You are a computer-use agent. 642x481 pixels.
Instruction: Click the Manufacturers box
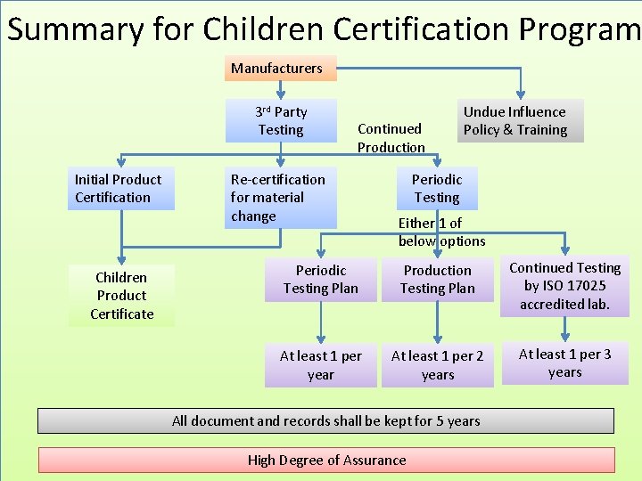click(x=276, y=68)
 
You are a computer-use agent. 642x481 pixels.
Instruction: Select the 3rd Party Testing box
click(x=281, y=120)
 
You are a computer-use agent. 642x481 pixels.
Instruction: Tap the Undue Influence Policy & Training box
click(x=515, y=120)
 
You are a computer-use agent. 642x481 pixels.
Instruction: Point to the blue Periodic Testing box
click(x=437, y=188)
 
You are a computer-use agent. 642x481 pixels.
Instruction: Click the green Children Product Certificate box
click(x=121, y=295)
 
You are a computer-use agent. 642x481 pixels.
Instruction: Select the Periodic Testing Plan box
click(x=320, y=279)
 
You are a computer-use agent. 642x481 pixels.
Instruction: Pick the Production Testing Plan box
click(x=437, y=279)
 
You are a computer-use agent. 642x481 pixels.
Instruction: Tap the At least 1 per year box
click(x=320, y=365)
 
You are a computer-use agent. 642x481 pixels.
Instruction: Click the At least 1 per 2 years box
click(x=437, y=365)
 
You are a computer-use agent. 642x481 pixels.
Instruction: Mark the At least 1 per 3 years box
click(x=564, y=363)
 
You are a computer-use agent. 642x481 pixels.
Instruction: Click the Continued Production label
click(x=391, y=138)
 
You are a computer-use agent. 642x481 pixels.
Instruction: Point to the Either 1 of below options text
click(x=442, y=232)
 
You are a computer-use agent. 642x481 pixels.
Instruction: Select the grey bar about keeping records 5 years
click(x=325, y=420)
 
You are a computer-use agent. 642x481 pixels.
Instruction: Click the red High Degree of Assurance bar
click(x=325, y=460)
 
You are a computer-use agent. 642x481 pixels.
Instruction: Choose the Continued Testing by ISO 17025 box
click(x=564, y=285)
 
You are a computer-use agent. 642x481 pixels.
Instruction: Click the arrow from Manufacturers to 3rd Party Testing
click(x=280, y=89)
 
